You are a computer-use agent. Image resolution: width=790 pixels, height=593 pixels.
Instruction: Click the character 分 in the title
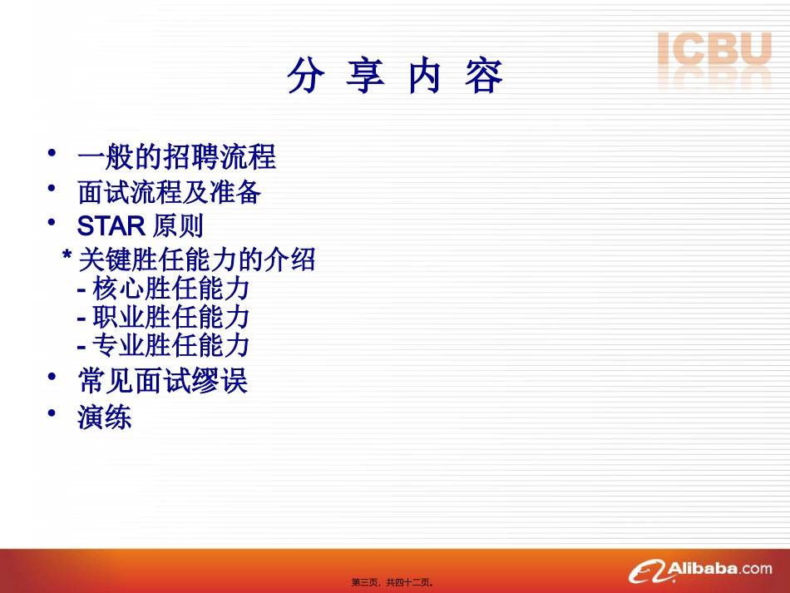point(304,77)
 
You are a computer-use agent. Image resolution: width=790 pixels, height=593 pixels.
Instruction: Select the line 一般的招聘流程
point(176,157)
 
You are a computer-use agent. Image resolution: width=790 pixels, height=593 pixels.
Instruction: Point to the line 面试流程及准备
point(170,193)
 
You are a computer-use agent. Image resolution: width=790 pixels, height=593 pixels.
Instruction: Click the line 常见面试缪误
point(163,382)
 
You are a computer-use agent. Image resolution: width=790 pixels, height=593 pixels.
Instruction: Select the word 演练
point(105,418)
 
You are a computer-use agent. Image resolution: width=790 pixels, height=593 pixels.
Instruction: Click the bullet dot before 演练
point(52,413)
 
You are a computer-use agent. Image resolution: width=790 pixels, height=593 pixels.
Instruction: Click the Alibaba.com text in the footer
point(719,569)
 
